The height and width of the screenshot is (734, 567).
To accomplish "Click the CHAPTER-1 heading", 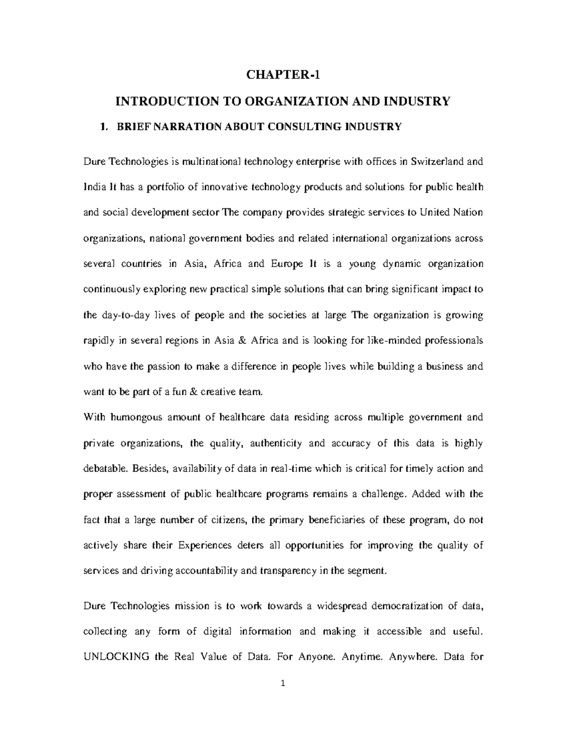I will pyautogui.click(x=283, y=75).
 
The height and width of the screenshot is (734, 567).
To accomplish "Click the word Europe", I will pyautogui.click(x=287, y=264).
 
